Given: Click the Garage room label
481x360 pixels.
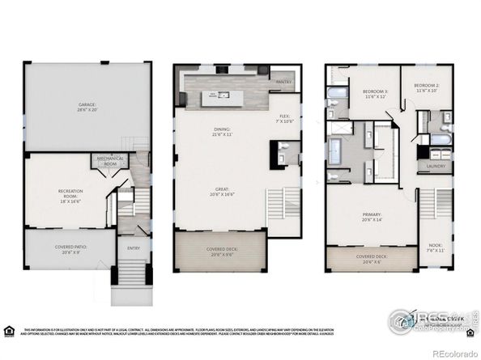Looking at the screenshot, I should pyautogui.click(x=87, y=107).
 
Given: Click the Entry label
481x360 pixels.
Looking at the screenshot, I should pyautogui.click(x=130, y=248).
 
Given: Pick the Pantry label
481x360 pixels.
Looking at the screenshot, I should pyautogui.click(x=283, y=82).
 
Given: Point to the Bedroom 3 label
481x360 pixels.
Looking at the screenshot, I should pyautogui.click(x=374, y=94).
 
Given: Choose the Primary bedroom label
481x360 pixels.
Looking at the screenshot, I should pyautogui.click(x=372, y=217).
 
